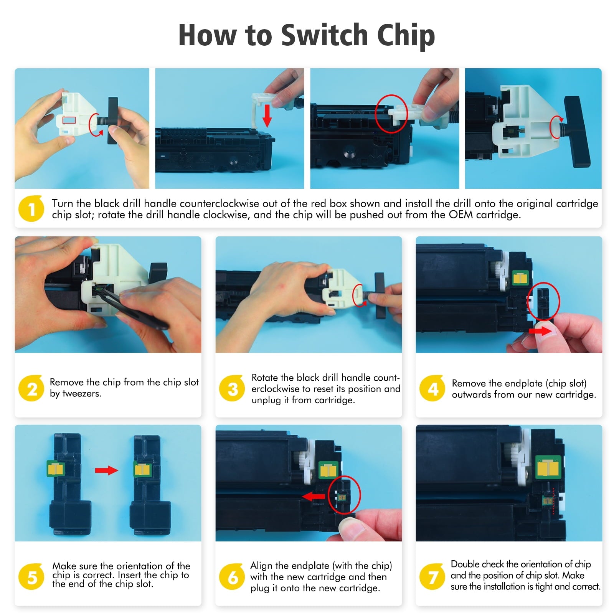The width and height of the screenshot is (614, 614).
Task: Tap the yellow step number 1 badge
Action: (31, 208)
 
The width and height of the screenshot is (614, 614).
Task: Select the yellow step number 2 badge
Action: (31, 388)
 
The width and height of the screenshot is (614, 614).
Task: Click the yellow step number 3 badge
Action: (232, 388)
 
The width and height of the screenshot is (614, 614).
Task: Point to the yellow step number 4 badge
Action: (432, 388)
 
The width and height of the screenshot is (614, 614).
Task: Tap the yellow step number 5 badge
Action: (31, 576)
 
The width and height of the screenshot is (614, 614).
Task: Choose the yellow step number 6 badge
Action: (232, 576)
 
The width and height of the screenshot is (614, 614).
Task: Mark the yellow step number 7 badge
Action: (432, 576)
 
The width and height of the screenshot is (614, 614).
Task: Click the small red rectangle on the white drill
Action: (69, 120)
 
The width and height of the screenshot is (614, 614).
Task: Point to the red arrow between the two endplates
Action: (106, 470)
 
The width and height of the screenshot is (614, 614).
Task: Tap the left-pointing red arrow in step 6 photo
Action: (314, 497)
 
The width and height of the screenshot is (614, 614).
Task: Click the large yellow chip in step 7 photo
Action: (548, 467)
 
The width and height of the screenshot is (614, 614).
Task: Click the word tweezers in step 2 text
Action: (82, 394)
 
